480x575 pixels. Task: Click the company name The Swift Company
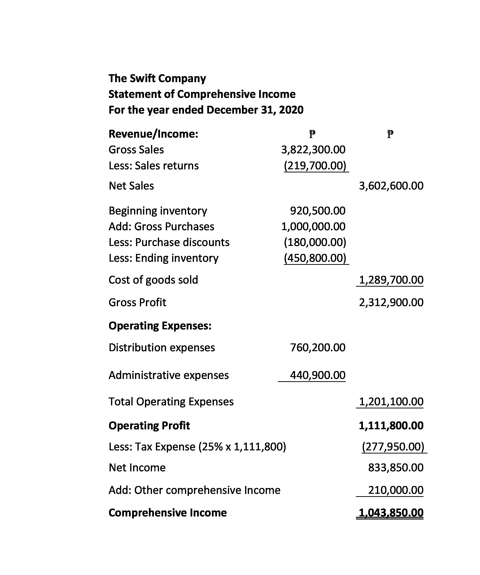click(x=157, y=78)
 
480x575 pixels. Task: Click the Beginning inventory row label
click(x=158, y=211)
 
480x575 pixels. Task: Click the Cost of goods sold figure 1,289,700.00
click(x=391, y=280)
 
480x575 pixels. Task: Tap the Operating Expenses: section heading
click(x=160, y=326)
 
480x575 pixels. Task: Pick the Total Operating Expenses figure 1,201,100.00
click(x=391, y=402)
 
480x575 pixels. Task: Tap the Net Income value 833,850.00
click(x=396, y=468)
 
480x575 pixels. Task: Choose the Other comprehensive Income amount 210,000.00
click(x=396, y=490)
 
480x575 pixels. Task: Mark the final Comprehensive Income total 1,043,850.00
click(x=391, y=513)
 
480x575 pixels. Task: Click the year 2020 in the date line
click(x=291, y=110)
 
